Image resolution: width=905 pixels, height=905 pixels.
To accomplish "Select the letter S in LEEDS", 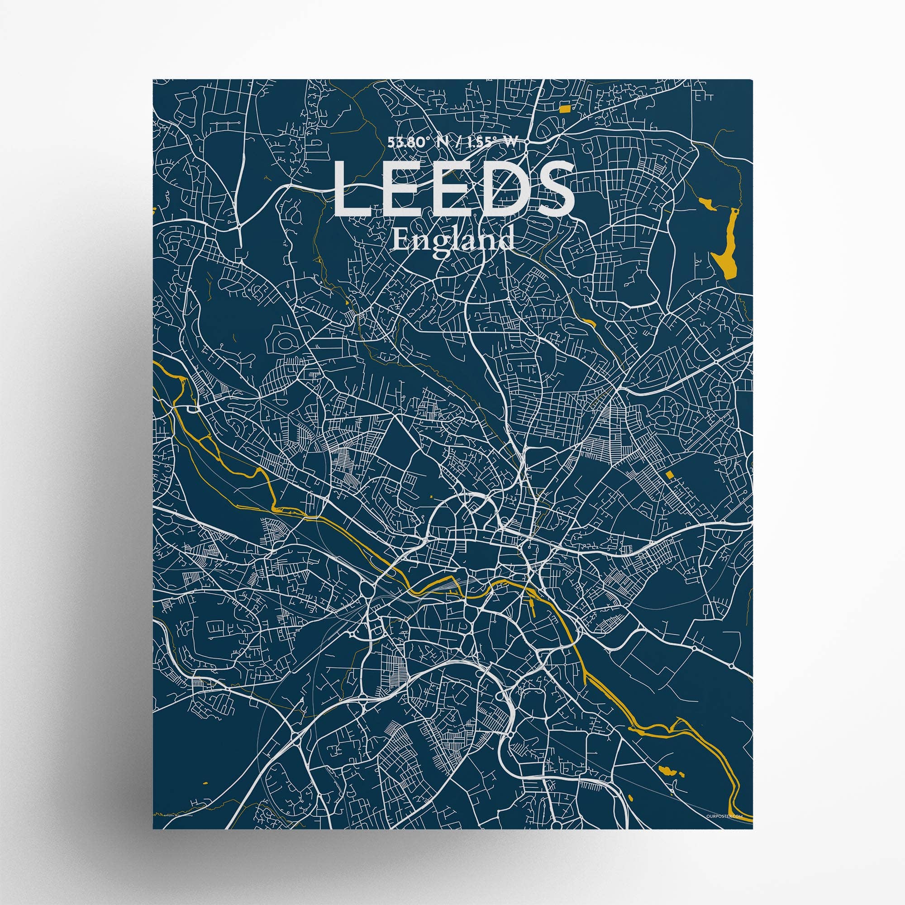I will [553, 190].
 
